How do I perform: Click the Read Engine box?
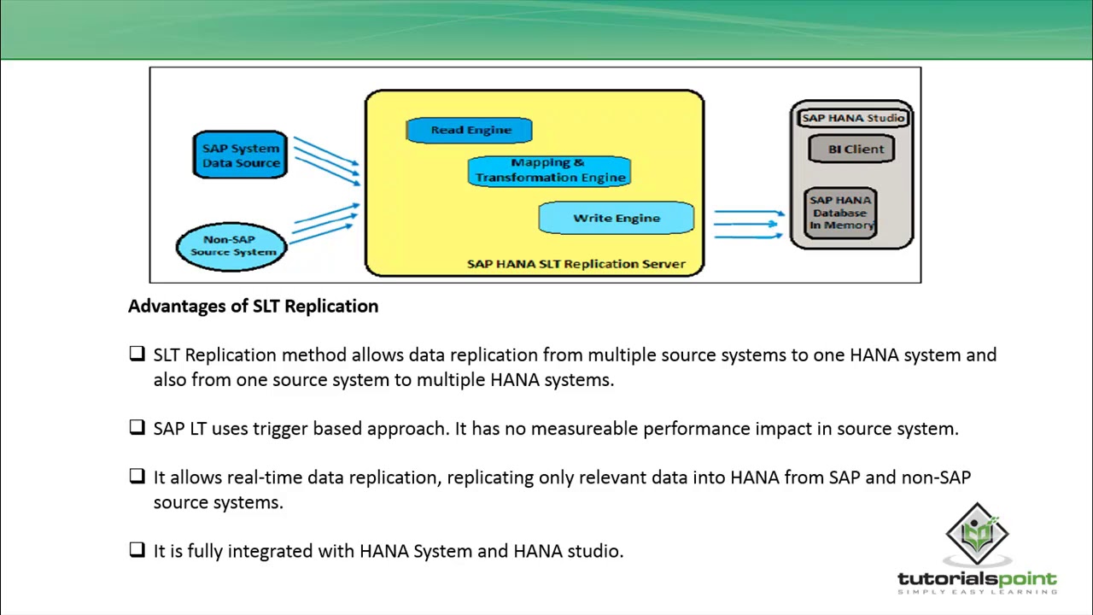(x=469, y=130)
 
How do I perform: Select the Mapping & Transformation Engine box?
(x=550, y=170)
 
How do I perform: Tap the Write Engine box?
(x=616, y=218)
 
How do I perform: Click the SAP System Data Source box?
(x=240, y=155)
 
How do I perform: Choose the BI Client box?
(x=855, y=149)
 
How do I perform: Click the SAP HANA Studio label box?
(x=852, y=118)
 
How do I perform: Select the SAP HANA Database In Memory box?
(x=841, y=213)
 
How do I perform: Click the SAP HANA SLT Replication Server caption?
(x=576, y=264)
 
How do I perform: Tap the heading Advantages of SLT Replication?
(x=253, y=306)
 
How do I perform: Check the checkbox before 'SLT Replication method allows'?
(x=137, y=354)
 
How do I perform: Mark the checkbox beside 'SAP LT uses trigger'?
(x=137, y=427)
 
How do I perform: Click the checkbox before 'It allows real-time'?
(x=137, y=476)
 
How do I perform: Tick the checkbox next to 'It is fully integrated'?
(x=137, y=550)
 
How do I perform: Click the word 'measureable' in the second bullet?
(x=584, y=429)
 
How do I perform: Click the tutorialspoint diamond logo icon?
(x=977, y=534)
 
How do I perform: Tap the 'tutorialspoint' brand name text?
(x=977, y=579)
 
